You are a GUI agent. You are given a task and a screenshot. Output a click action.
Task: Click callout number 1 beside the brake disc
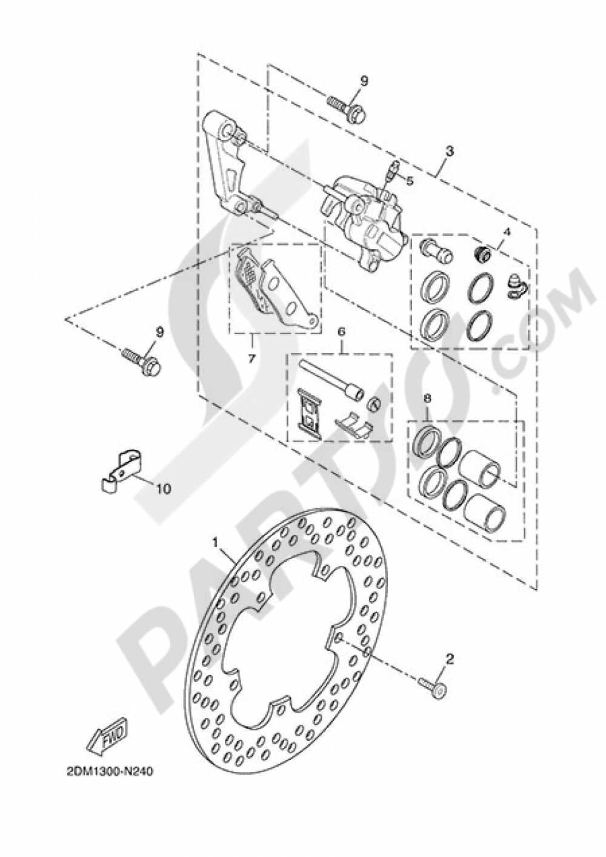[216, 540]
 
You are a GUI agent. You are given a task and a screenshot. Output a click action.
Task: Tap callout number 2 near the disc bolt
[449, 657]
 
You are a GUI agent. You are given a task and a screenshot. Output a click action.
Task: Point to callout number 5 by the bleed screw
[410, 180]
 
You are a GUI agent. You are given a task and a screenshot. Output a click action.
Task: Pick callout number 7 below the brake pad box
[251, 358]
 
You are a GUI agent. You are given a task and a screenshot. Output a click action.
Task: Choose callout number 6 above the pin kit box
[341, 332]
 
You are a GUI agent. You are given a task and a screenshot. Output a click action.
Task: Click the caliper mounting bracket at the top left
[233, 164]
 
